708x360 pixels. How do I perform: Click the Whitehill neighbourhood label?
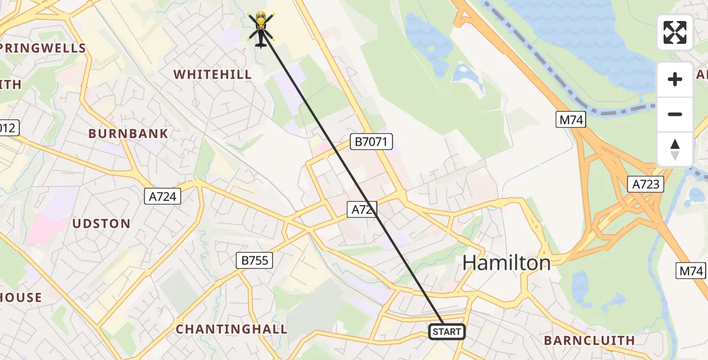point(212,74)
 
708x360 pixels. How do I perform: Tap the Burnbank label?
point(128,133)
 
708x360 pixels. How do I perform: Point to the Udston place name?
point(101,224)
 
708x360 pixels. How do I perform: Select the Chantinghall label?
point(232,329)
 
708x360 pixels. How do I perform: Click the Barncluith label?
point(589,340)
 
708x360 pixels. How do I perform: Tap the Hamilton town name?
point(506,263)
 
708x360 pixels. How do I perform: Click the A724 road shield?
point(163,196)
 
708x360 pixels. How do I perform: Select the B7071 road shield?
point(371,142)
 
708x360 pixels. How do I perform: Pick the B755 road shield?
point(254,260)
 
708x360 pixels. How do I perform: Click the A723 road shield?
point(645,184)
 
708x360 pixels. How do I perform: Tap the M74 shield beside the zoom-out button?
point(571,120)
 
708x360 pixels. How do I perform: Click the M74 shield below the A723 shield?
point(690,271)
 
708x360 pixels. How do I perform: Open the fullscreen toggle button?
point(675,32)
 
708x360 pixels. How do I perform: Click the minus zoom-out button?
point(675,115)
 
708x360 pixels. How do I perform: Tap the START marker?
point(447,332)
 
